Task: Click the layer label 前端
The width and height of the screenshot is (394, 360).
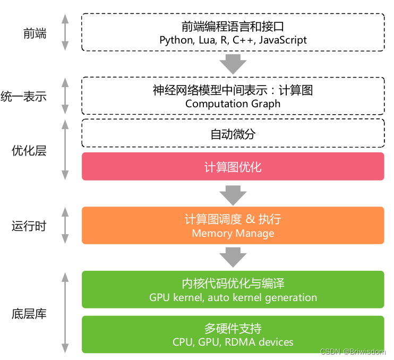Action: [x=35, y=33]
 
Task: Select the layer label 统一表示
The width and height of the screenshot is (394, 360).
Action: [x=31, y=97]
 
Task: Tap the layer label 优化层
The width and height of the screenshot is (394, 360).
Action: [x=29, y=151]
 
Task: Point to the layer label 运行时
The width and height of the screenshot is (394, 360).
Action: [x=29, y=226]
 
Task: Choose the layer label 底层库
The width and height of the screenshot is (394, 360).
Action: [x=29, y=314]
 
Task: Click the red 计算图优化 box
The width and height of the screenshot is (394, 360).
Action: [x=233, y=167]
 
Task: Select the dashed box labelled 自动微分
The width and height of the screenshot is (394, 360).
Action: [x=233, y=134]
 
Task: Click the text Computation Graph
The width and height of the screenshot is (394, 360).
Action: [x=233, y=104]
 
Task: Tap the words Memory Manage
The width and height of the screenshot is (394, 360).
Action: [x=233, y=233]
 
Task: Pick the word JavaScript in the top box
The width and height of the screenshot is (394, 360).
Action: [x=283, y=40]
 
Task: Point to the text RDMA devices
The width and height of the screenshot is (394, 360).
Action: [x=259, y=342]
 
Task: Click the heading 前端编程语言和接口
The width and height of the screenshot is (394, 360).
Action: [x=233, y=27]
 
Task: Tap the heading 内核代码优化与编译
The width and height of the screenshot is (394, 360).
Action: [x=233, y=284]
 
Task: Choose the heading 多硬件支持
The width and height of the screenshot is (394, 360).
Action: [x=233, y=328]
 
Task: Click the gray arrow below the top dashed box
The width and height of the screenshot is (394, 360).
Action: [x=233, y=63]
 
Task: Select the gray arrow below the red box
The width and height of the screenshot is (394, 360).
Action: [x=233, y=194]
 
